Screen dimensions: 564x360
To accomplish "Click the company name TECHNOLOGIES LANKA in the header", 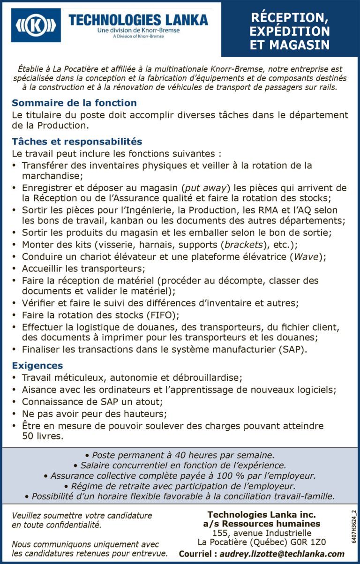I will [x=138, y=20].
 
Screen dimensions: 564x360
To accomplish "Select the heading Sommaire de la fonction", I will [x=74, y=103].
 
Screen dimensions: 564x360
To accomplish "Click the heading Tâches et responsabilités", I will [x=77, y=142].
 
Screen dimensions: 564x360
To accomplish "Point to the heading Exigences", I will [x=37, y=365].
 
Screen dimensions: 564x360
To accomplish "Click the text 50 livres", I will [x=42, y=436].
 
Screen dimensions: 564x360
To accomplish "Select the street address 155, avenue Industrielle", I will [x=262, y=533].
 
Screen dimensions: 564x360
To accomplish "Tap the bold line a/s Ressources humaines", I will [x=262, y=524].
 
